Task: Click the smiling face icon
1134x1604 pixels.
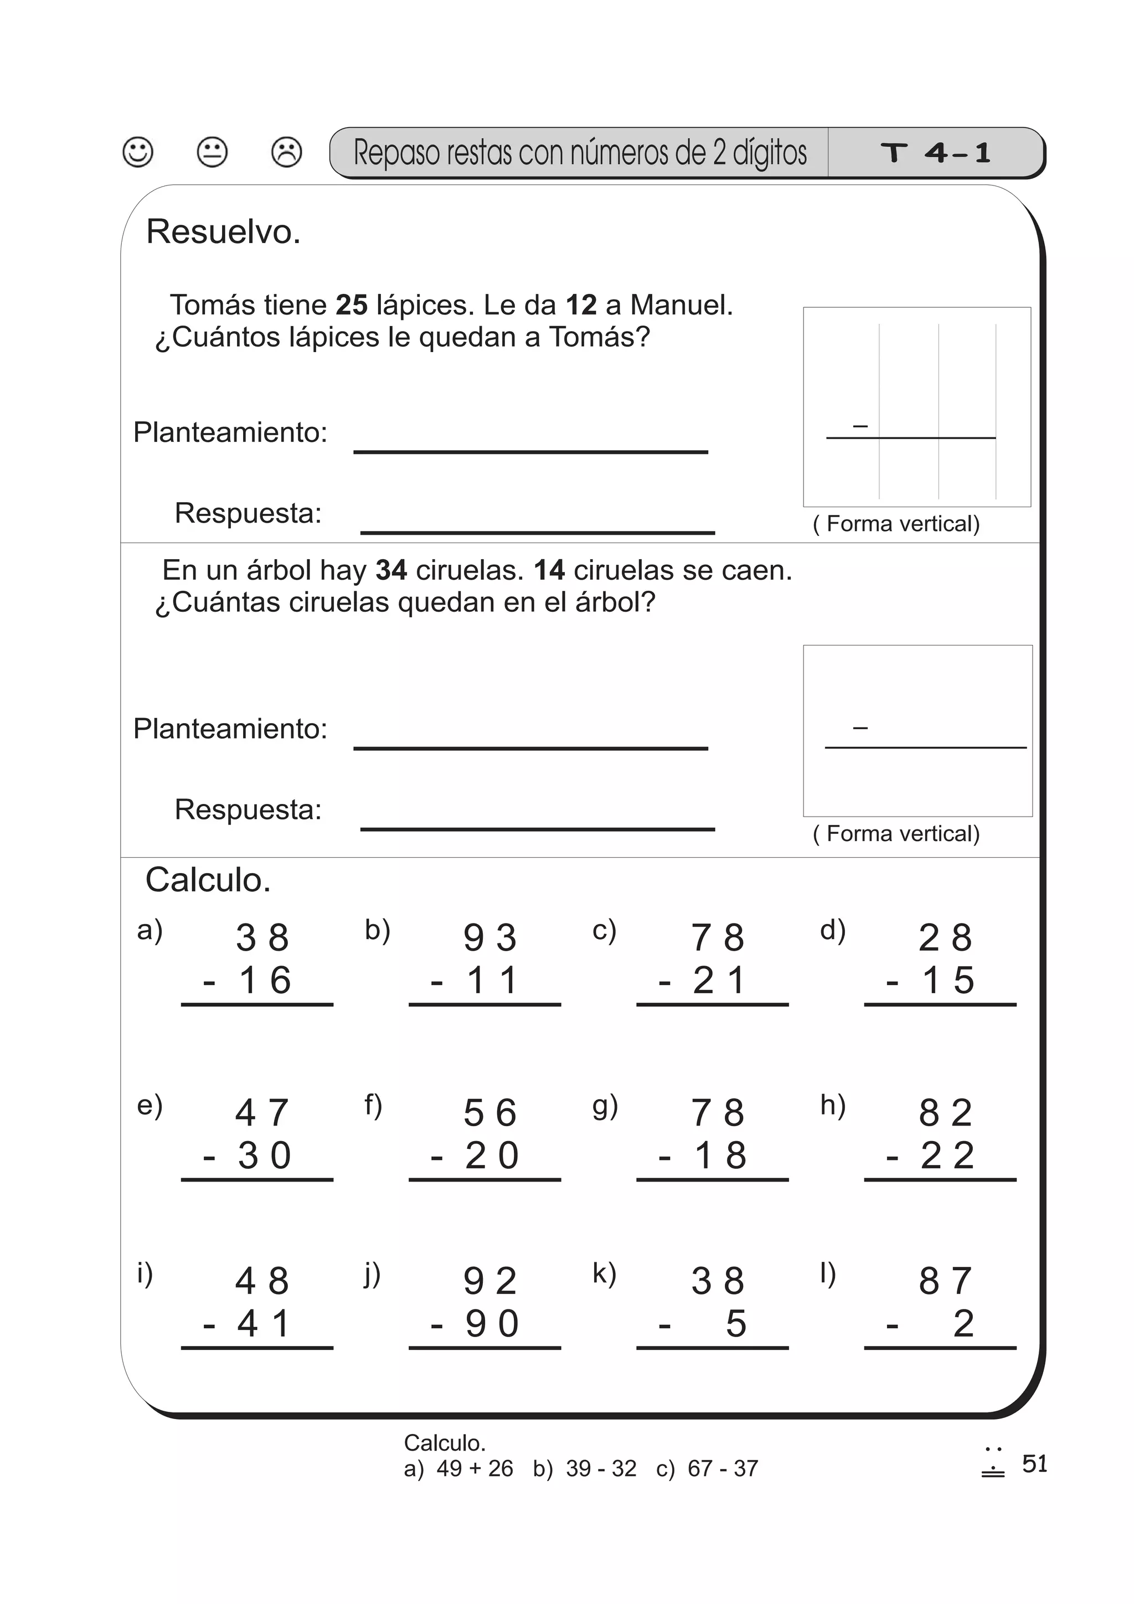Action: pos(138,152)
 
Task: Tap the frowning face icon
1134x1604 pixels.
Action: pos(286,152)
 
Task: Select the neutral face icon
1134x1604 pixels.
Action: pos(213,152)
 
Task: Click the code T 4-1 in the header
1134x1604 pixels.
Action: pos(936,153)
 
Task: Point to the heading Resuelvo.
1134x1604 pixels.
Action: pos(223,232)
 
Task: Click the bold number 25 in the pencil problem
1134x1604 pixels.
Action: pos(352,305)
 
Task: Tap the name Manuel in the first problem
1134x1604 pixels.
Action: pos(681,305)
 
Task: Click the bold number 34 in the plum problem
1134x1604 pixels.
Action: pos(390,570)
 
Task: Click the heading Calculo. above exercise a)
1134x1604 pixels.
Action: pos(208,880)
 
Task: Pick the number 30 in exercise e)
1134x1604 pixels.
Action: pos(264,1156)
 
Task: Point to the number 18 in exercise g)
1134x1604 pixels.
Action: pos(720,1156)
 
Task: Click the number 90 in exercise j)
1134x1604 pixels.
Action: pos(492,1324)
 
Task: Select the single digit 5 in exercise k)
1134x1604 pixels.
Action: pos(736,1324)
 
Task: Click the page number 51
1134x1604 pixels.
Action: pos(1034,1463)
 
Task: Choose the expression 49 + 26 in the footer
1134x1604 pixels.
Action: pos(475,1468)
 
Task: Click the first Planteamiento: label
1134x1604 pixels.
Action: pos(230,432)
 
